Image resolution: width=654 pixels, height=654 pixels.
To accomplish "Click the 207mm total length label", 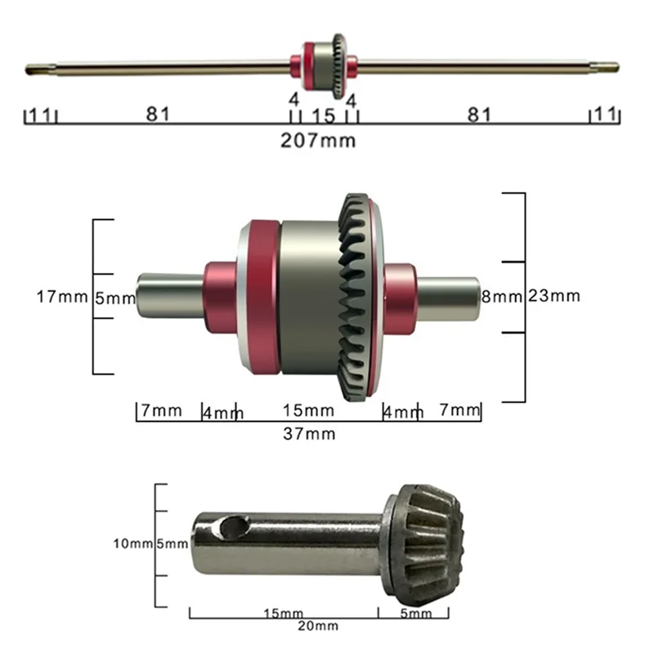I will [318, 140].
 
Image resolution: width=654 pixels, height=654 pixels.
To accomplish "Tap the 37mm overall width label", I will [309, 433].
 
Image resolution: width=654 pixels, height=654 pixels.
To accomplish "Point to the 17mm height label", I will [61, 297].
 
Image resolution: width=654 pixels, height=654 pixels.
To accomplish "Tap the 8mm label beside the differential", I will [500, 296].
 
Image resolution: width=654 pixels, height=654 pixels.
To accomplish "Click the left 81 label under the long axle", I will [158, 114].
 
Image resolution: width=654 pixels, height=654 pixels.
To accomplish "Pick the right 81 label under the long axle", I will [479, 114].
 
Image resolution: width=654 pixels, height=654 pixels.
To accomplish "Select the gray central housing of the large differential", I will [307, 298].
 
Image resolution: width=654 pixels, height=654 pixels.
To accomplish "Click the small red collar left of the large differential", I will [220, 298].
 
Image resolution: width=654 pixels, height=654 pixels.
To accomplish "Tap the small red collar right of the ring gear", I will [401, 293].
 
